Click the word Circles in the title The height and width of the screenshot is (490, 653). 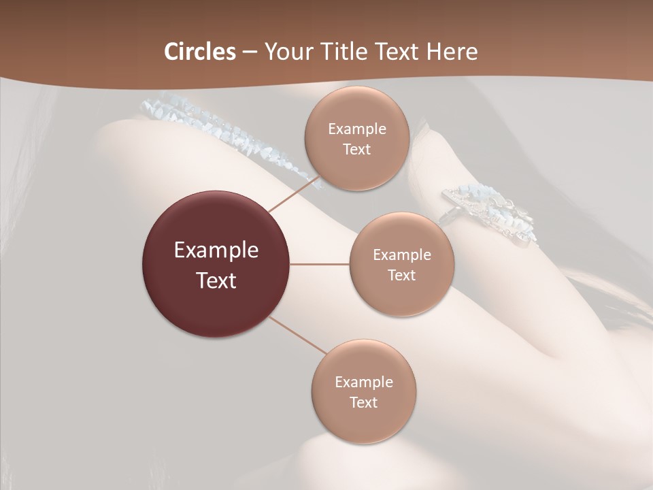(x=199, y=52)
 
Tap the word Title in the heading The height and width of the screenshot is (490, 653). (x=341, y=52)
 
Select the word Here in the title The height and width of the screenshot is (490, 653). (x=452, y=52)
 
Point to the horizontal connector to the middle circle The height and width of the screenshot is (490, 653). (x=320, y=264)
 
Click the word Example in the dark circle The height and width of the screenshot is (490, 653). (x=216, y=250)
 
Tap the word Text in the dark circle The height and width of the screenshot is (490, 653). (x=216, y=280)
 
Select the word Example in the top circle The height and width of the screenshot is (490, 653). (x=357, y=129)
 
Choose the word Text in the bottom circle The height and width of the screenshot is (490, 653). (x=364, y=402)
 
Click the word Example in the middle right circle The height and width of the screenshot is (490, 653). (x=402, y=255)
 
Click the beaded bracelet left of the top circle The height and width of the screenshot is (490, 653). (x=224, y=133)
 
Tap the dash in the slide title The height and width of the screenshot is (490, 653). (x=249, y=52)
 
